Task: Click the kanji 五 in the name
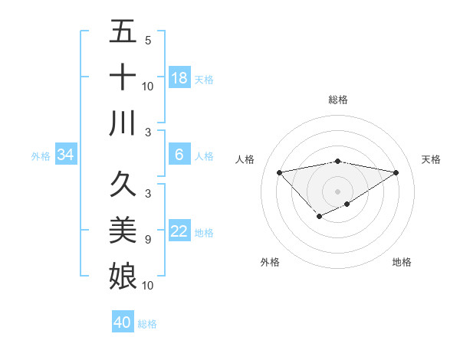tap(123, 32)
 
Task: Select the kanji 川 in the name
tap(123, 123)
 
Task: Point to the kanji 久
tap(123, 185)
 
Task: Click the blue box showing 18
tap(179, 78)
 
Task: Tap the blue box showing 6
tap(179, 155)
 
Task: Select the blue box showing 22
tap(179, 232)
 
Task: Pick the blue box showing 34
tap(66, 155)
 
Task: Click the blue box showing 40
tap(123, 322)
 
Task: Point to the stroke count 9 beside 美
tap(148, 240)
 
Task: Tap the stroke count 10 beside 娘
tap(148, 286)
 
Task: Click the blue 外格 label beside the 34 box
tap(41, 156)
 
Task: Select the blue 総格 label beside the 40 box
tap(147, 324)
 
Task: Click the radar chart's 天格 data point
tap(396, 172)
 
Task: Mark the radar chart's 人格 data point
tap(279, 172)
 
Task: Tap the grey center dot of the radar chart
tap(337, 191)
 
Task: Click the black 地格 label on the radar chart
tap(402, 262)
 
